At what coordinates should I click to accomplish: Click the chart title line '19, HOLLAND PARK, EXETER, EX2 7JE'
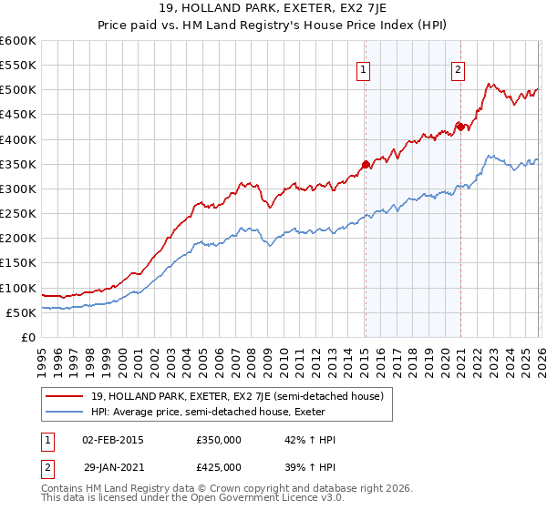point(273,9)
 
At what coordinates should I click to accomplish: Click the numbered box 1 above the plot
point(364,69)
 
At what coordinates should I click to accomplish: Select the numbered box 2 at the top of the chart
point(458,69)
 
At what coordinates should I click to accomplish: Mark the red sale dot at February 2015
point(366,165)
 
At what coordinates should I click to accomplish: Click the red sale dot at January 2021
point(461,127)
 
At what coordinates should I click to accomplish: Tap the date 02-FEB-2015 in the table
point(112,439)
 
